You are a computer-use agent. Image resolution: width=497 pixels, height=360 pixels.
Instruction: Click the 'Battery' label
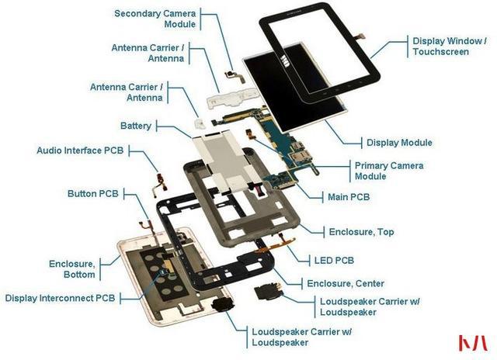tap(136, 126)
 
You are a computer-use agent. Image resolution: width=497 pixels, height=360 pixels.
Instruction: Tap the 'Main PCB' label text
tap(349, 197)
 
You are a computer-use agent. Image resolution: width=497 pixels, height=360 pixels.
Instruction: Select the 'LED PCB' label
tap(334, 261)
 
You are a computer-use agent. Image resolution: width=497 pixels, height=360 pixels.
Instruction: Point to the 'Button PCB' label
tap(93, 193)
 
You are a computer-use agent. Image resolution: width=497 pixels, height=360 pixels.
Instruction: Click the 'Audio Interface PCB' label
tap(80, 150)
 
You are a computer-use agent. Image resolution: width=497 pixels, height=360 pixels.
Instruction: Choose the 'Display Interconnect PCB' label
tap(61, 298)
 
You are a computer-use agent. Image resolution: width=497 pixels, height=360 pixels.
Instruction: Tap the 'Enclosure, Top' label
tap(361, 232)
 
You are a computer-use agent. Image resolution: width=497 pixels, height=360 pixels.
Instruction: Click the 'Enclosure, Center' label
tap(346, 283)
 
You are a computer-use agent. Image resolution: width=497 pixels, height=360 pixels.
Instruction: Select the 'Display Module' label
tap(399, 143)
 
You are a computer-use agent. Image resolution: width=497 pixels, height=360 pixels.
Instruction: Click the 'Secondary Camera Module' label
tap(155, 19)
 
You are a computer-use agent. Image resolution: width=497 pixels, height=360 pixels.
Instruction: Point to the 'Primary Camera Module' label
tap(389, 171)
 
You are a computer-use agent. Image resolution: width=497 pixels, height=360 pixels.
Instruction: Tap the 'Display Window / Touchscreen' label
tap(450, 47)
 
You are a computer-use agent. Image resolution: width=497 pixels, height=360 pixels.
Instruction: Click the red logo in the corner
tap(473, 343)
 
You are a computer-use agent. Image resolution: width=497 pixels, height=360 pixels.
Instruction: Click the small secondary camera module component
tap(235, 76)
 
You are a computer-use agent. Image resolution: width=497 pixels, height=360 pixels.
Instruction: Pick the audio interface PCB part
tap(160, 184)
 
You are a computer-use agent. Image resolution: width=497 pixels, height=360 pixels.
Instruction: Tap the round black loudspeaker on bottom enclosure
tap(223, 305)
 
